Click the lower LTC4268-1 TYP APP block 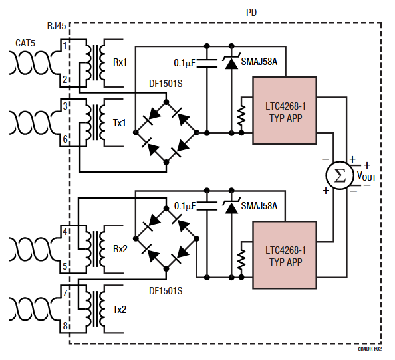pos(285,255)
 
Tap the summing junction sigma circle pos(339,176)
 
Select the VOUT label pos(366,177)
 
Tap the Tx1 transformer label pos(120,122)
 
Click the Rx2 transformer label pos(120,249)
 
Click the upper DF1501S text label pos(166,85)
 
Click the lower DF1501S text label pos(166,290)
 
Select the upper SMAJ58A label pos(259,61)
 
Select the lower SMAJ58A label pos(259,206)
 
